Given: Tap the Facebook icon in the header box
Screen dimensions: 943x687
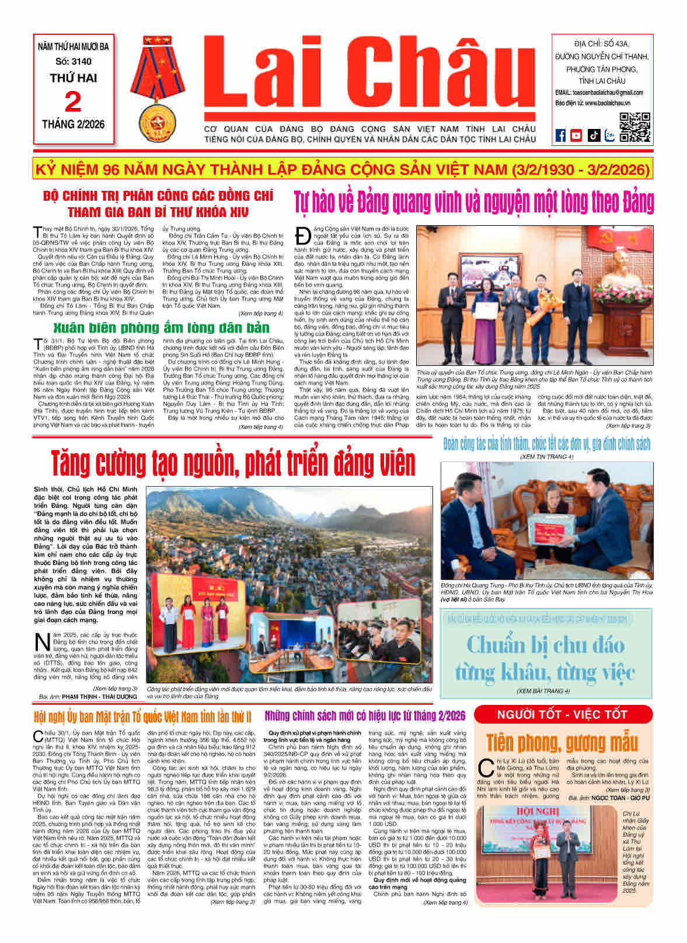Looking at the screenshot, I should coord(560,135).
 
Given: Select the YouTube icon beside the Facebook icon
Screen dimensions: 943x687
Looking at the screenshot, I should coord(576,135).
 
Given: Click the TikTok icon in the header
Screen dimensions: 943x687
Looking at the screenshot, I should coord(593,135).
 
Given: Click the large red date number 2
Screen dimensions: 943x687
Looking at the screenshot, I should coord(73,102).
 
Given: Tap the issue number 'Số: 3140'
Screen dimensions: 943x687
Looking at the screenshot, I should coord(73,61).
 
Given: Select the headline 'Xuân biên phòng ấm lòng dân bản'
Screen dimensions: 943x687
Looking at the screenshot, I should coord(161,327).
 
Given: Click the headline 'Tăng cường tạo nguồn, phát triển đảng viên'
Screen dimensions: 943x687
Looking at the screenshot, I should coord(232,463).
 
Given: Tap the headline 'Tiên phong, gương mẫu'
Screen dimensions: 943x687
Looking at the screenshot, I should coord(562,742).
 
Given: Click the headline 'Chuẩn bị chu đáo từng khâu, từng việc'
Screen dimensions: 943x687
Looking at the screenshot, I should coord(545,658).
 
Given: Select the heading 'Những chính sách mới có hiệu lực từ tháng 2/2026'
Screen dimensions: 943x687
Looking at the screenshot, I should coord(365,716).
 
